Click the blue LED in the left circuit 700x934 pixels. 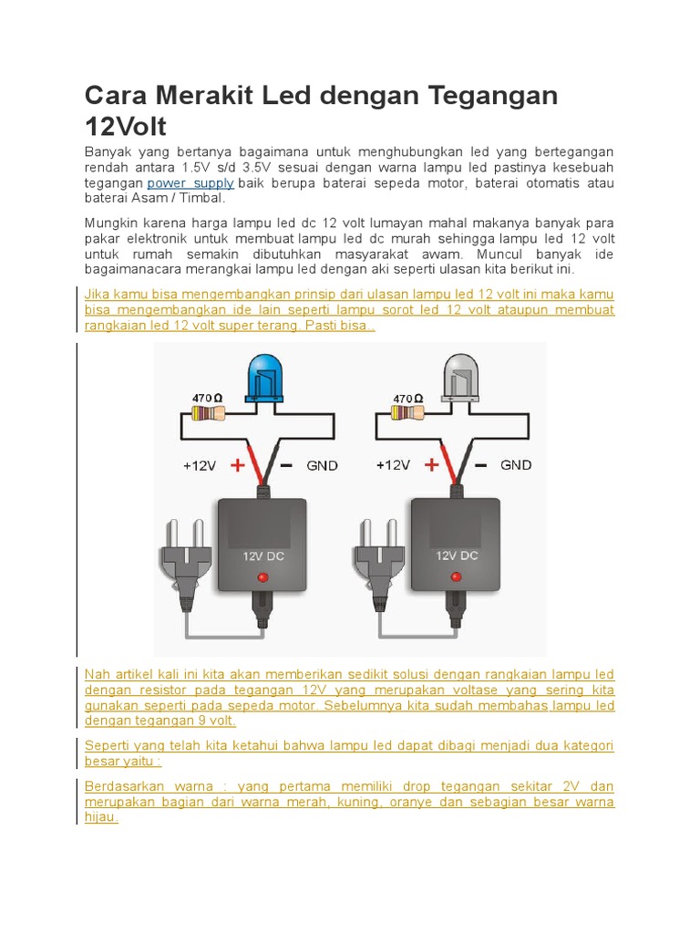click(268, 379)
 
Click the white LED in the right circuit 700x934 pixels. click(461, 379)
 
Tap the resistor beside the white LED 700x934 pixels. click(407, 413)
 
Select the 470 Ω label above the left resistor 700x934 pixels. click(206, 398)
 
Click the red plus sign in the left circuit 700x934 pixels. click(239, 465)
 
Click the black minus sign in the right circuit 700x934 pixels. click(481, 464)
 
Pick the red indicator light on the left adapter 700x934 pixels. click(263, 576)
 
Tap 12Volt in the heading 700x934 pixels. click(126, 127)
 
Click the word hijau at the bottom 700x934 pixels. click(101, 817)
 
